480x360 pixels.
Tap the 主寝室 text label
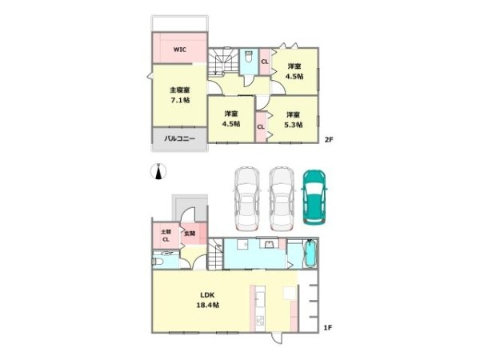tap(179, 90)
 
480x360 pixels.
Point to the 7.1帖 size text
tap(179, 101)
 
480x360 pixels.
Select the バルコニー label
tap(180, 138)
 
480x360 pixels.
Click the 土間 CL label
tap(165, 236)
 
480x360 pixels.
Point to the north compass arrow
tap(159, 172)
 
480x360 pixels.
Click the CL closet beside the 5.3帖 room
tap(261, 126)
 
